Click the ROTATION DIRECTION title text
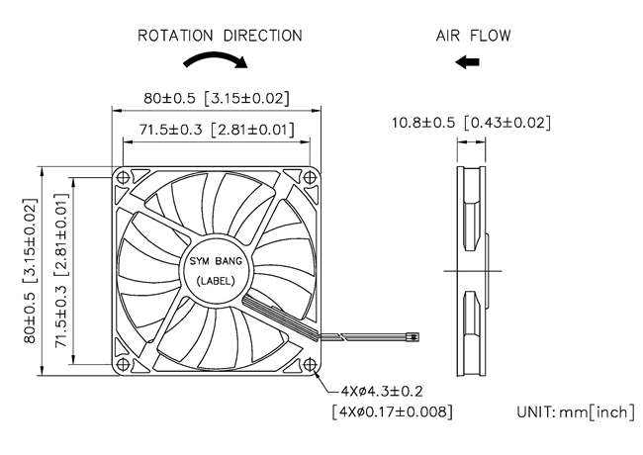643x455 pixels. click(x=220, y=36)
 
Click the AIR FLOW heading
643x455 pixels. click(x=474, y=36)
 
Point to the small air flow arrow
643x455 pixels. click(x=468, y=62)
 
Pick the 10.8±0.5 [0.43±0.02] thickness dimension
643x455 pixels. click(x=471, y=123)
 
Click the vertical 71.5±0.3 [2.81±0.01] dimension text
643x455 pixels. click(x=61, y=271)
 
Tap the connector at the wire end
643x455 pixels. click(x=411, y=338)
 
